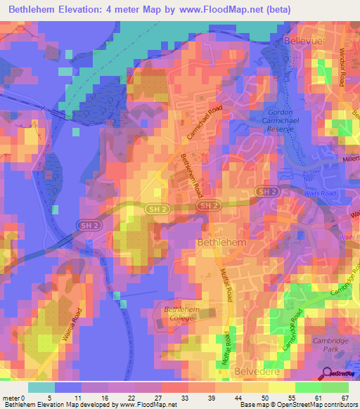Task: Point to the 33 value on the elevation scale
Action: tap(185, 398)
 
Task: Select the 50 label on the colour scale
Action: tap(265, 398)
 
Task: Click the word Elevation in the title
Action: tap(84, 9)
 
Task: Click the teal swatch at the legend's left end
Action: tap(41, 387)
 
